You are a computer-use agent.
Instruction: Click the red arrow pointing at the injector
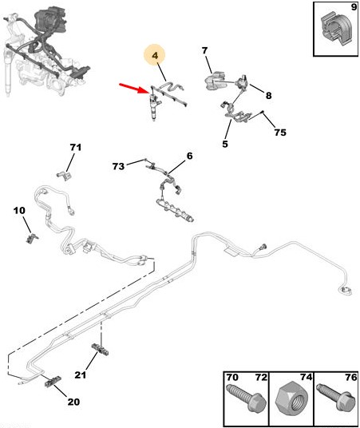coord(134,89)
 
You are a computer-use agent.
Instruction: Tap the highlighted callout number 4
coord(155,56)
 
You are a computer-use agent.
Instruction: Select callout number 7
coord(204,50)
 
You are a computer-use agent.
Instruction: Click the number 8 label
coord(268,96)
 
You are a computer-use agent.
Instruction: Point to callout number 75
coord(280,133)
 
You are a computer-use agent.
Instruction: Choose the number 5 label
coord(225,144)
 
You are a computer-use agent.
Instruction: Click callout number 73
coord(118,166)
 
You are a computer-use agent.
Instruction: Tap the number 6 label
coord(189,156)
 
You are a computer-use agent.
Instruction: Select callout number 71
coord(76,148)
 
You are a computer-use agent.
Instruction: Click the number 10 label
coord(19,211)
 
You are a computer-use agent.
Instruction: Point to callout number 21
coord(81,374)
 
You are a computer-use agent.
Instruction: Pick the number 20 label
coord(73,402)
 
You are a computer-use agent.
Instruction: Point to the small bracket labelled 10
coord(32,238)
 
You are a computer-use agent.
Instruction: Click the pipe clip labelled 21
coord(100,350)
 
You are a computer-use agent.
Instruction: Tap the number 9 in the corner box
coord(354,7)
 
